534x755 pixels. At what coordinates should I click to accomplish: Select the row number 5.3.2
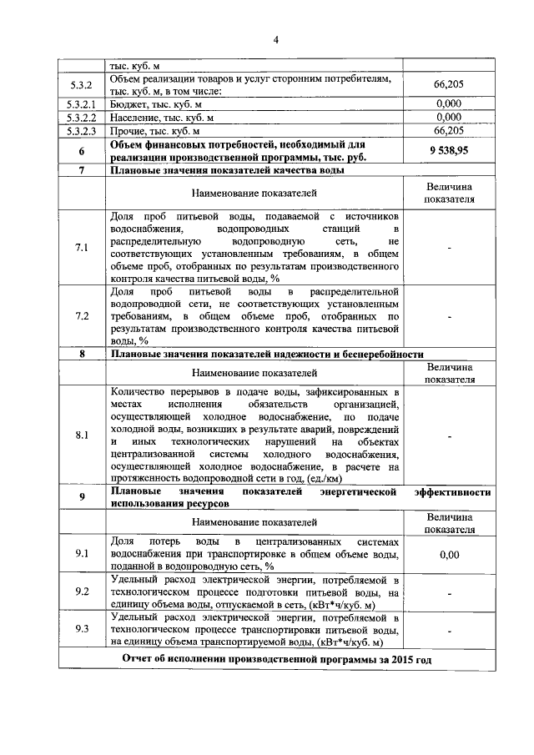pyautogui.click(x=81, y=84)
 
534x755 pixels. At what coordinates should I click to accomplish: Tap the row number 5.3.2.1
pyautogui.click(x=81, y=104)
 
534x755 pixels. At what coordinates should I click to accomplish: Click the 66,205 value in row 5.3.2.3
pyautogui.click(x=449, y=131)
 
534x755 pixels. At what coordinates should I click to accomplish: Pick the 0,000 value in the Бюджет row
pyautogui.click(x=449, y=104)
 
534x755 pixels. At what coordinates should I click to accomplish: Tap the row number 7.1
pyautogui.click(x=81, y=248)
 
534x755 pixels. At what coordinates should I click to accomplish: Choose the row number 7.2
pyautogui.click(x=81, y=316)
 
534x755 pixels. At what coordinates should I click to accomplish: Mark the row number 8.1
pyautogui.click(x=81, y=435)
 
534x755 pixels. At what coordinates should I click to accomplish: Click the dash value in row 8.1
pyautogui.click(x=449, y=435)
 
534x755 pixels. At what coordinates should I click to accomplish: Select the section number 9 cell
pyautogui.click(x=81, y=498)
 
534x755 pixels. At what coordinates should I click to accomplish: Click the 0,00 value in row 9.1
pyautogui.click(x=449, y=553)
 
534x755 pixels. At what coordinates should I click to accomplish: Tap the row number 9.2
pyautogui.click(x=81, y=591)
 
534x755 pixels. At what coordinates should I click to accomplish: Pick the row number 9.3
pyautogui.click(x=81, y=630)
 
